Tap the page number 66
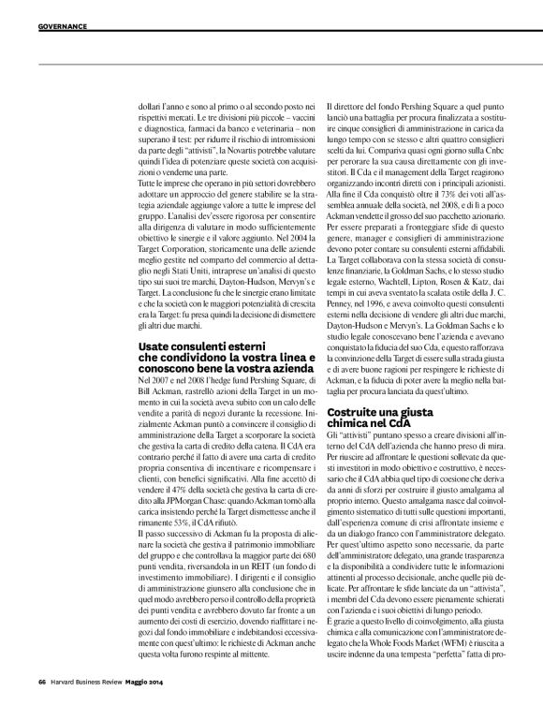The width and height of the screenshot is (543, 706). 42,680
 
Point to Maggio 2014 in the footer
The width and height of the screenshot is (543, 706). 151,680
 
